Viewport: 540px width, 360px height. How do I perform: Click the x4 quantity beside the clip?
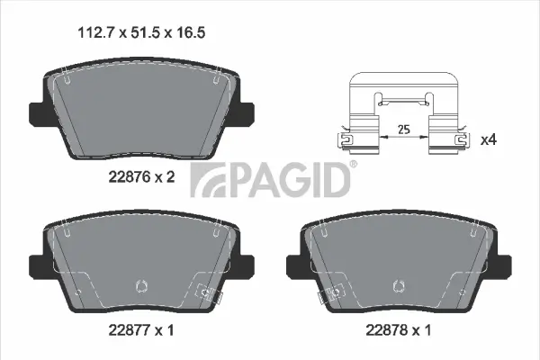pyautogui.click(x=490, y=140)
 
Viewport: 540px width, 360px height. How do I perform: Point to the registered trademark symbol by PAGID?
pyautogui.click(x=352, y=164)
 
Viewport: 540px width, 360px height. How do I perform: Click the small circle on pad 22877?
pyautogui.click(x=139, y=287)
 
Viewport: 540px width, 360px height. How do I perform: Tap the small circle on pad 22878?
pyautogui.click(x=397, y=287)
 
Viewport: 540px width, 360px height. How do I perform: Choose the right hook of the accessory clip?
pyautogui.click(x=461, y=140)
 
